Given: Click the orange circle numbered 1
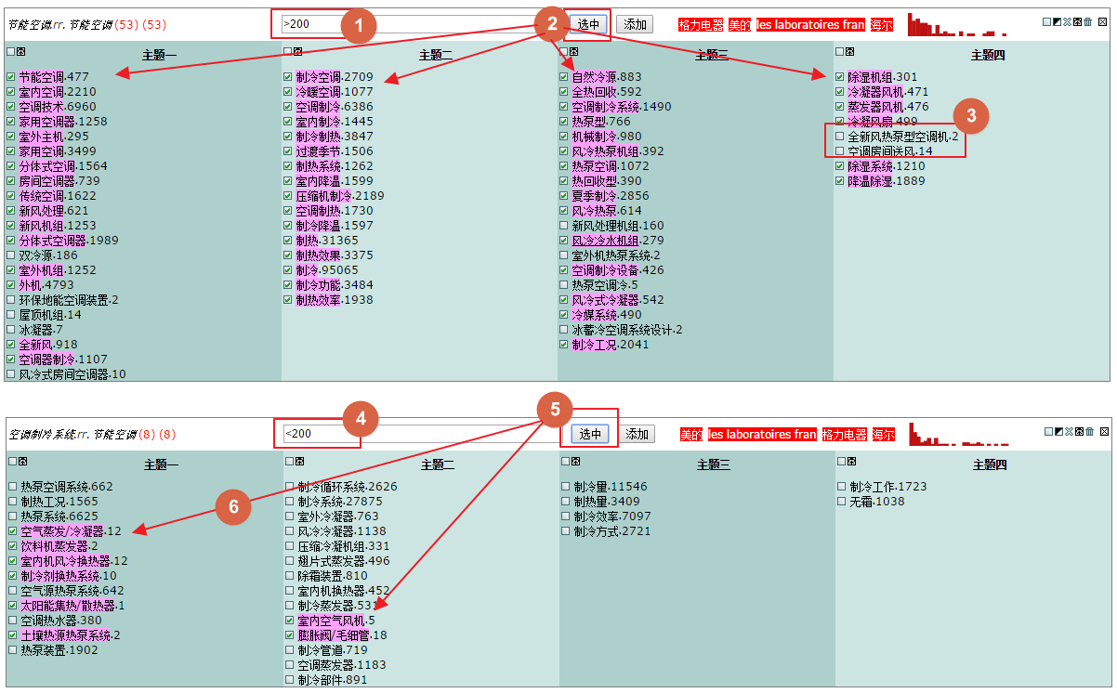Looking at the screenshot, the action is (359, 25).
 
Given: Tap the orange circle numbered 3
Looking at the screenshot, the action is (971, 116).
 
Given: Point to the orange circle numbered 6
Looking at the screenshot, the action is (233, 506).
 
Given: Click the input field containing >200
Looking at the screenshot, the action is (409, 24).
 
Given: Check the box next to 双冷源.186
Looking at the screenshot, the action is (11, 255).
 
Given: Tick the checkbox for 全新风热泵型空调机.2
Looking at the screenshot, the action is (840, 137).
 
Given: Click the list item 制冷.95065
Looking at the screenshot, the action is (327, 270).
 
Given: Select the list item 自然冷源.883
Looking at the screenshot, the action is (607, 77).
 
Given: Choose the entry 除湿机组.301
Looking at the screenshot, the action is (882, 77).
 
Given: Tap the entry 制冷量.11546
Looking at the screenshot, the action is (611, 487).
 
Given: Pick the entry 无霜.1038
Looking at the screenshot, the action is (877, 502).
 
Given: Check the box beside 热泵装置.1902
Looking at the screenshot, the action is (13, 650).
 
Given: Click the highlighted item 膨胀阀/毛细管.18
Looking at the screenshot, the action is (342, 635).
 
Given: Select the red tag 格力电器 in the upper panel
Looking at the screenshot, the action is (701, 25).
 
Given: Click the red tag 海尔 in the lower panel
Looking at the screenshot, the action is (883, 435).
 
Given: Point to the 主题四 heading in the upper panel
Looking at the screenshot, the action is (988, 56).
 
